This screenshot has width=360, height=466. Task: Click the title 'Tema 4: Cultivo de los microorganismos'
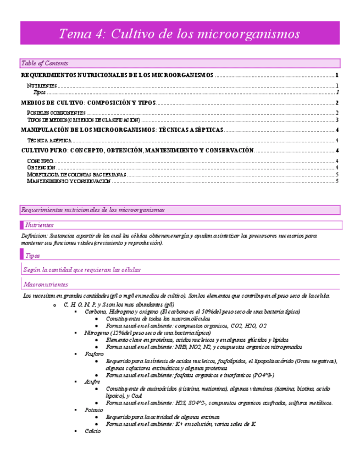point(179,34)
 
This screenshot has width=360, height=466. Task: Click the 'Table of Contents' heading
point(45,63)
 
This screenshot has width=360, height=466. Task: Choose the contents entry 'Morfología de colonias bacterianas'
point(77,174)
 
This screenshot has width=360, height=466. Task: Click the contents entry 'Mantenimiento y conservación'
point(69,181)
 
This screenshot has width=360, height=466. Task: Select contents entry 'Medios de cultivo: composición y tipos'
point(88,103)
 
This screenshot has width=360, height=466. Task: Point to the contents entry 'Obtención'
point(41,167)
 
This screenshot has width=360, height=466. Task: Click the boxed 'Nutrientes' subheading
point(39,225)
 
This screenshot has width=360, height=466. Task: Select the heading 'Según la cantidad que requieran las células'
point(82,270)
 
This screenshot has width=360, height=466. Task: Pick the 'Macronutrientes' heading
point(46,285)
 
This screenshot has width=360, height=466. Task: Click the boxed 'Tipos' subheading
point(32,255)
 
